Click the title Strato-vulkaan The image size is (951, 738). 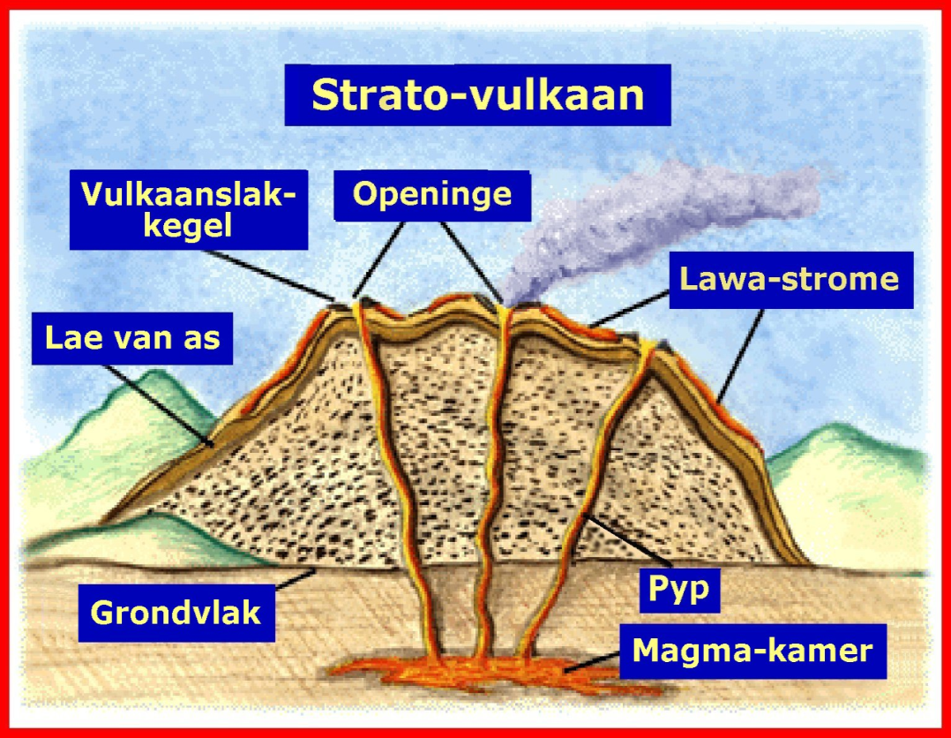tap(477, 94)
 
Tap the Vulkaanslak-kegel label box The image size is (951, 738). tap(189, 210)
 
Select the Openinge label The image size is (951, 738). tap(432, 194)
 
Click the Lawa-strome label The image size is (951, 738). tap(790, 279)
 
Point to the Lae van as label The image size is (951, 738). tap(132, 336)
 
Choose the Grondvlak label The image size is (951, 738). tap(176, 613)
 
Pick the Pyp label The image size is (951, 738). tap(678, 589)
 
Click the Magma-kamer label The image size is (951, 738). tap(753, 651)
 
